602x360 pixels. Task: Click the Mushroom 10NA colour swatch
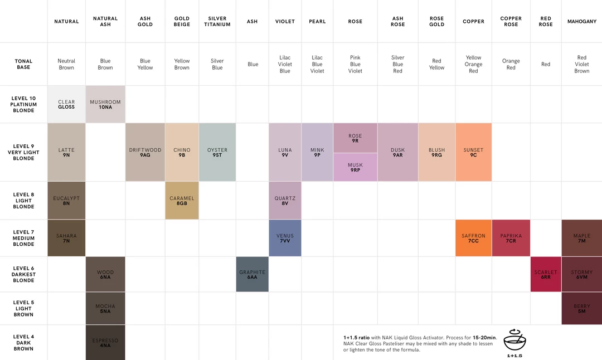point(105,104)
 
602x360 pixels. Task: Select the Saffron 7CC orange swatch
point(473,238)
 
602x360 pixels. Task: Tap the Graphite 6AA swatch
point(252,274)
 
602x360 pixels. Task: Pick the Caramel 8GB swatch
point(182,201)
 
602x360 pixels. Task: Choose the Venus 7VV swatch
point(285,238)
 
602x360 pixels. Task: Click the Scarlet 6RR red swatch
point(546,274)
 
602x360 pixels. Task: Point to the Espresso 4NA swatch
point(105,343)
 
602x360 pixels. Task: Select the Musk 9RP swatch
point(355,167)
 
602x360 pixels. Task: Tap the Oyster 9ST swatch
point(217,152)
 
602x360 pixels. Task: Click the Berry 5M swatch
point(581,308)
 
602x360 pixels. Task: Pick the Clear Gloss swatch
point(66,104)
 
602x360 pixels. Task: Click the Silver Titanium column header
point(217,22)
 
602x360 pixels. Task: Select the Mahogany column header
point(581,22)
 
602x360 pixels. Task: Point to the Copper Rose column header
point(511,22)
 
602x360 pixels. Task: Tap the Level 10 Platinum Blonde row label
point(23,104)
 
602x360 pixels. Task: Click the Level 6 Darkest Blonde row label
point(23,274)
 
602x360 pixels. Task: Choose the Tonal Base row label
point(23,64)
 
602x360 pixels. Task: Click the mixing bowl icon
point(514,340)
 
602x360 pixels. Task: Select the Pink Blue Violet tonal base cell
point(355,64)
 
